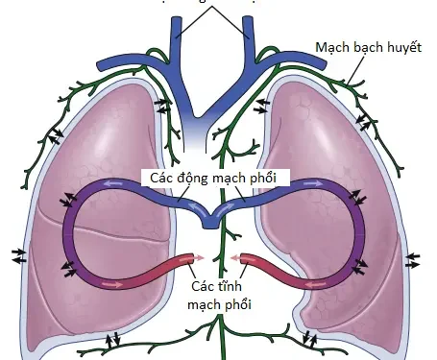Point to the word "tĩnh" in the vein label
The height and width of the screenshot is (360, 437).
(x=229, y=287)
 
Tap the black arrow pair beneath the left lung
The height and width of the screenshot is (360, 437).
(x=112, y=338)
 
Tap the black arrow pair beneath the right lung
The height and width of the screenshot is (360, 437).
(x=309, y=338)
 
